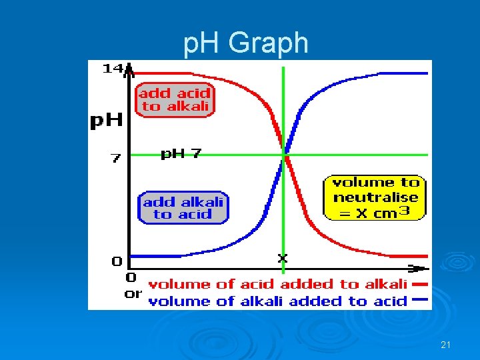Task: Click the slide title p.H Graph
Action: (x=246, y=43)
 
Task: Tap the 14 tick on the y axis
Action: (x=112, y=68)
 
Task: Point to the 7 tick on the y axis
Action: (x=115, y=159)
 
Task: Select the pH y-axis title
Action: (x=107, y=121)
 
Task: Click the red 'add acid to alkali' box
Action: (x=175, y=100)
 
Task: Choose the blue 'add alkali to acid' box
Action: (x=183, y=207)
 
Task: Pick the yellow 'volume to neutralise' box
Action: (x=375, y=197)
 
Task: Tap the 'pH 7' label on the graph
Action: (x=181, y=154)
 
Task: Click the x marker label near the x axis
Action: (x=282, y=257)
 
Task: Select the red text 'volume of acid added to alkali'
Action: (x=277, y=284)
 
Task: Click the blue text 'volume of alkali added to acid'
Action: (x=277, y=301)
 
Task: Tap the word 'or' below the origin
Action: (x=133, y=294)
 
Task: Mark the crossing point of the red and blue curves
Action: (x=285, y=156)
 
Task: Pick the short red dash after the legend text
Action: (x=420, y=283)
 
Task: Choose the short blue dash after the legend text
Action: (x=420, y=300)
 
